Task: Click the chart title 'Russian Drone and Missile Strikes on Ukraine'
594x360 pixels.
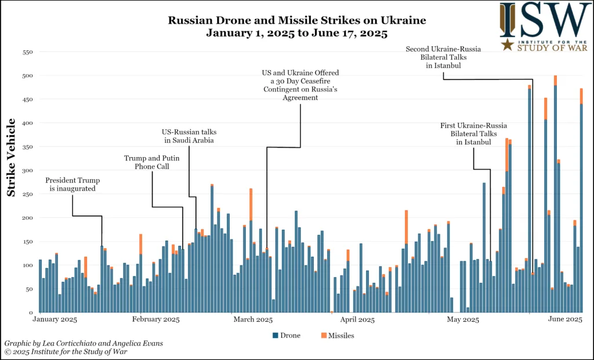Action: coord(297,20)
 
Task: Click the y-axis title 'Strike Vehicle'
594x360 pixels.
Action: coord(12,157)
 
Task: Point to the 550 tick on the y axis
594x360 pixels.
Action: coord(27,52)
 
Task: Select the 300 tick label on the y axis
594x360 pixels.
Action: coord(27,170)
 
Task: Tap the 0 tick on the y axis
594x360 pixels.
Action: coord(31,312)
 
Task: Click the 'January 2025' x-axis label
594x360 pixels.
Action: coord(56,319)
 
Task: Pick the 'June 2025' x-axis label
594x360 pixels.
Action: coord(565,319)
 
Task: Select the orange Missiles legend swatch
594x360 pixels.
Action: coord(323,336)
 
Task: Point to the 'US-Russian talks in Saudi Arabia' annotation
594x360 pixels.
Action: coord(188,136)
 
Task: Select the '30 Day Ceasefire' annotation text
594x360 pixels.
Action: coord(300,85)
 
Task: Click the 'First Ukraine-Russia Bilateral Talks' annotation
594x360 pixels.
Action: coord(473,134)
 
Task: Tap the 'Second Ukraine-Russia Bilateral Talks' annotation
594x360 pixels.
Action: coord(444,57)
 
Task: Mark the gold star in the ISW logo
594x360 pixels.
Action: coord(508,44)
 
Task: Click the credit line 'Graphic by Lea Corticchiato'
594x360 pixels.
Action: coord(83,343)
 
